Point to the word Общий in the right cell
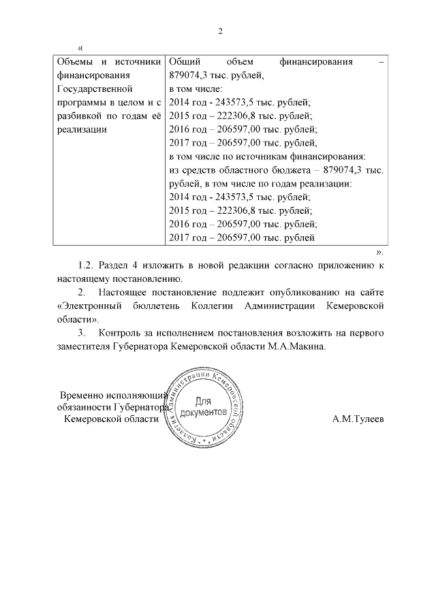(182, 63)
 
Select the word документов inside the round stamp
(203, 412)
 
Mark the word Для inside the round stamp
(203, 402)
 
